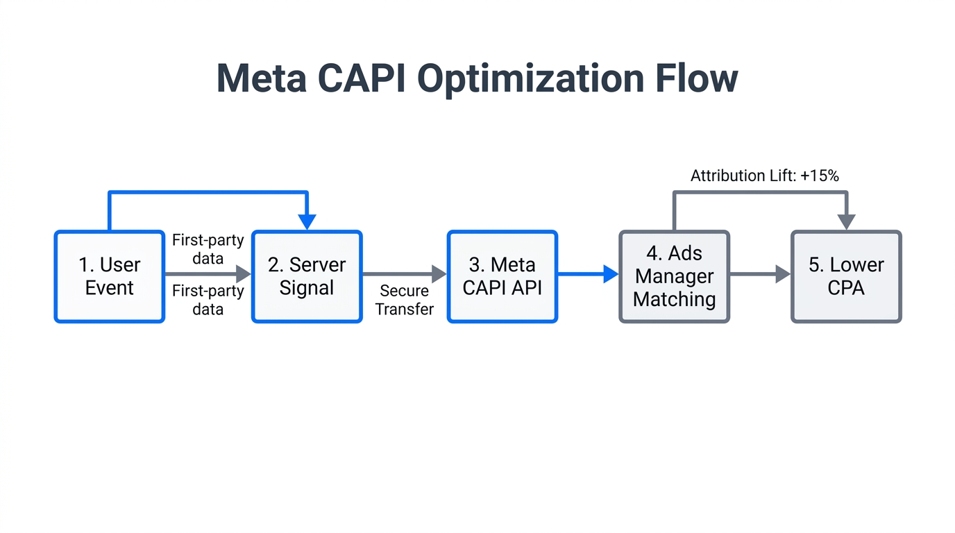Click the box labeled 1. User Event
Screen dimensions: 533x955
110,276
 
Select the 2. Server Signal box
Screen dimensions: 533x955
307,276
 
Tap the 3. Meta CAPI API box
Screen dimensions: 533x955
502,276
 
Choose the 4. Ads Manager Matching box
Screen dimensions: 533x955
674,276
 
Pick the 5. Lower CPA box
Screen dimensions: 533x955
846,276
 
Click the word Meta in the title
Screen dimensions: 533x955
262,78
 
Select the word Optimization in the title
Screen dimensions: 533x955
531,78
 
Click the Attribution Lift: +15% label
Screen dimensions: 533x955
764,176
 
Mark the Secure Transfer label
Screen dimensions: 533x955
405,300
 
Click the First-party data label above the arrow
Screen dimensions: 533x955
208,249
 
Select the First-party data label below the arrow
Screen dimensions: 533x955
208,300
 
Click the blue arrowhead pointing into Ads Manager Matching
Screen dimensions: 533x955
610,274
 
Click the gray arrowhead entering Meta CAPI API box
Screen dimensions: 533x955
439,274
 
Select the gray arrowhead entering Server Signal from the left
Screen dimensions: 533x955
243,274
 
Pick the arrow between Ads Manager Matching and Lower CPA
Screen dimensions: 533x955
760,274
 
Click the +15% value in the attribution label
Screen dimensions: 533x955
821,176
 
